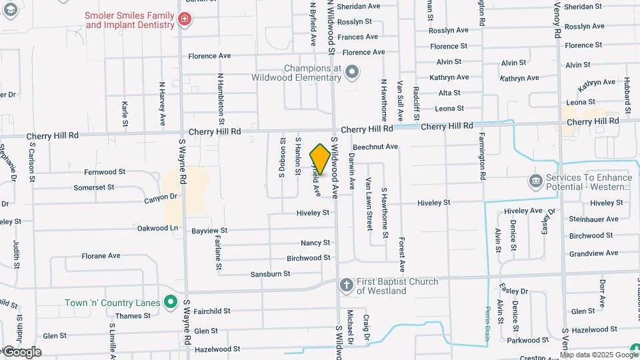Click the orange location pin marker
point(321,159)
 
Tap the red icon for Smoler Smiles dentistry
point(184,20)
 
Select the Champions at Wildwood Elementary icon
point(353,72)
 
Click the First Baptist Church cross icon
point(346,285)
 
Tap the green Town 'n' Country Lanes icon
point(171,303)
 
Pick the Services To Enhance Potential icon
point(535,181)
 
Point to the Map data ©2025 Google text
point(599,355)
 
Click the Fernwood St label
point(105,172)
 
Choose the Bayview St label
point(209,231)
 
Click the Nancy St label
point(315,243)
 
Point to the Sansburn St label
point(270,274)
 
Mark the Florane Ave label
point(101,255)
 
